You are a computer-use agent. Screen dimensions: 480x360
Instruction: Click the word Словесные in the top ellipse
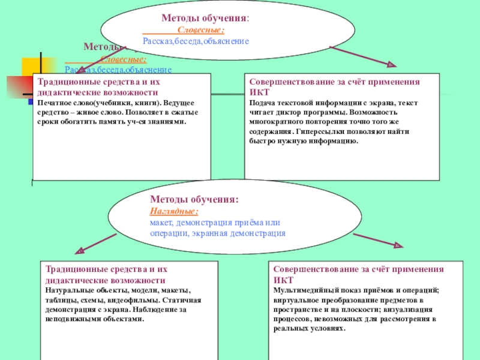coord(200,30)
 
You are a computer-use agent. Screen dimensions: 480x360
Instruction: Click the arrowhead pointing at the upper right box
coord(391,65)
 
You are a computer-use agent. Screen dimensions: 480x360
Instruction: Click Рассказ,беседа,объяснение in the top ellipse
coord(196,41)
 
